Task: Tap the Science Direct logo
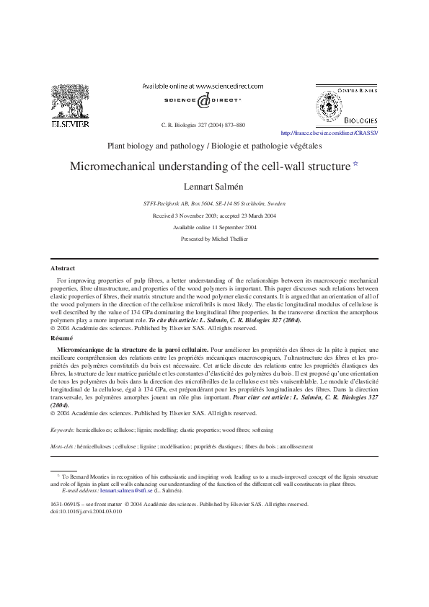[x=203, y=101]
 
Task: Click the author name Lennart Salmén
[x=214, y=186]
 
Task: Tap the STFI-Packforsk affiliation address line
[x=214, y=204]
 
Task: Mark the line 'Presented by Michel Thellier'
[x=214, y=238]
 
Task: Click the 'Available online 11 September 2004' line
[x=214, y=227]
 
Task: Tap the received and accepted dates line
[x=214, y=216]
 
